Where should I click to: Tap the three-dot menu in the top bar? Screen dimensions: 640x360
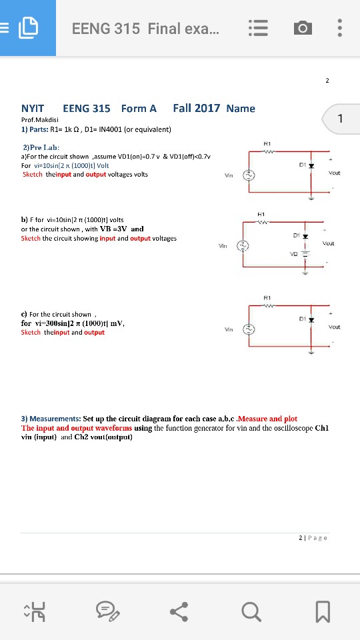pyautogui.click(x=340, y=29)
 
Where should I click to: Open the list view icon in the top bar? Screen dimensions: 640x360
pyautogui.click(x=259, y=29)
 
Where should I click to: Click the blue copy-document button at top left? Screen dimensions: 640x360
pyautogui.click(x=27, y=28)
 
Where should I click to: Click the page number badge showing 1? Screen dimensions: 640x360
pyautogui.click(x=339, y=119)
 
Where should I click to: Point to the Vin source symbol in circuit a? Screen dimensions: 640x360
pyautogui.click(x=250, y=176)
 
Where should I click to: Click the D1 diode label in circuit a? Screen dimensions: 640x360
pyautogui.click(x=302, y=160)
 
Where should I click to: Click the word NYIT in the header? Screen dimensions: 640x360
pyautogui.click(x=33, y=108)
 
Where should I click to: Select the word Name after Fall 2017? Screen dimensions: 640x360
pyautogui.click(x=240, y=108)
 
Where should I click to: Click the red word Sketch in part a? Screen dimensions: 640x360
pyautogui.click(x=32, y=174)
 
